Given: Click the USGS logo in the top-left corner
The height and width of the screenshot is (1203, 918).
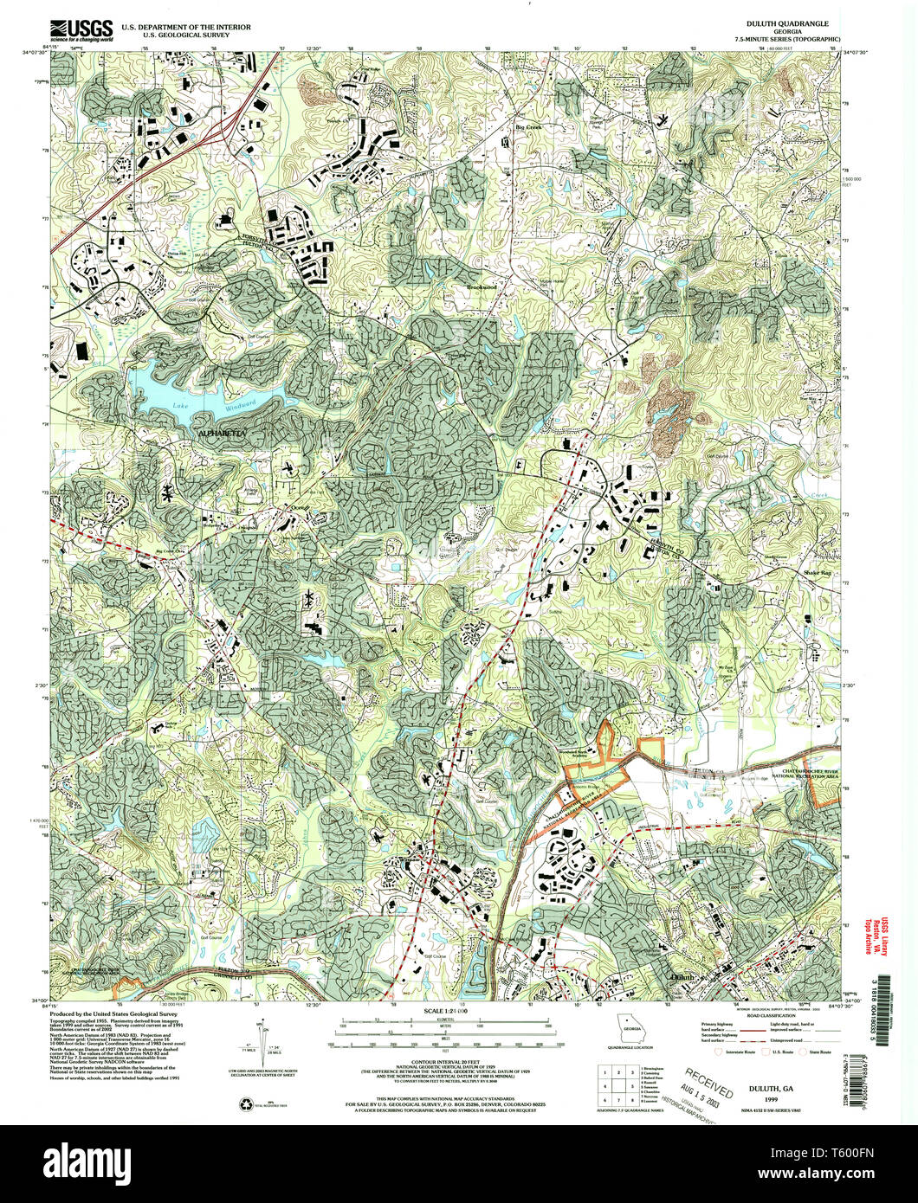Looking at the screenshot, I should (x=81, y=31).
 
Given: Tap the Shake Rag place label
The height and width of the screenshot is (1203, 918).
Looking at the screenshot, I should (x=817, y=573).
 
